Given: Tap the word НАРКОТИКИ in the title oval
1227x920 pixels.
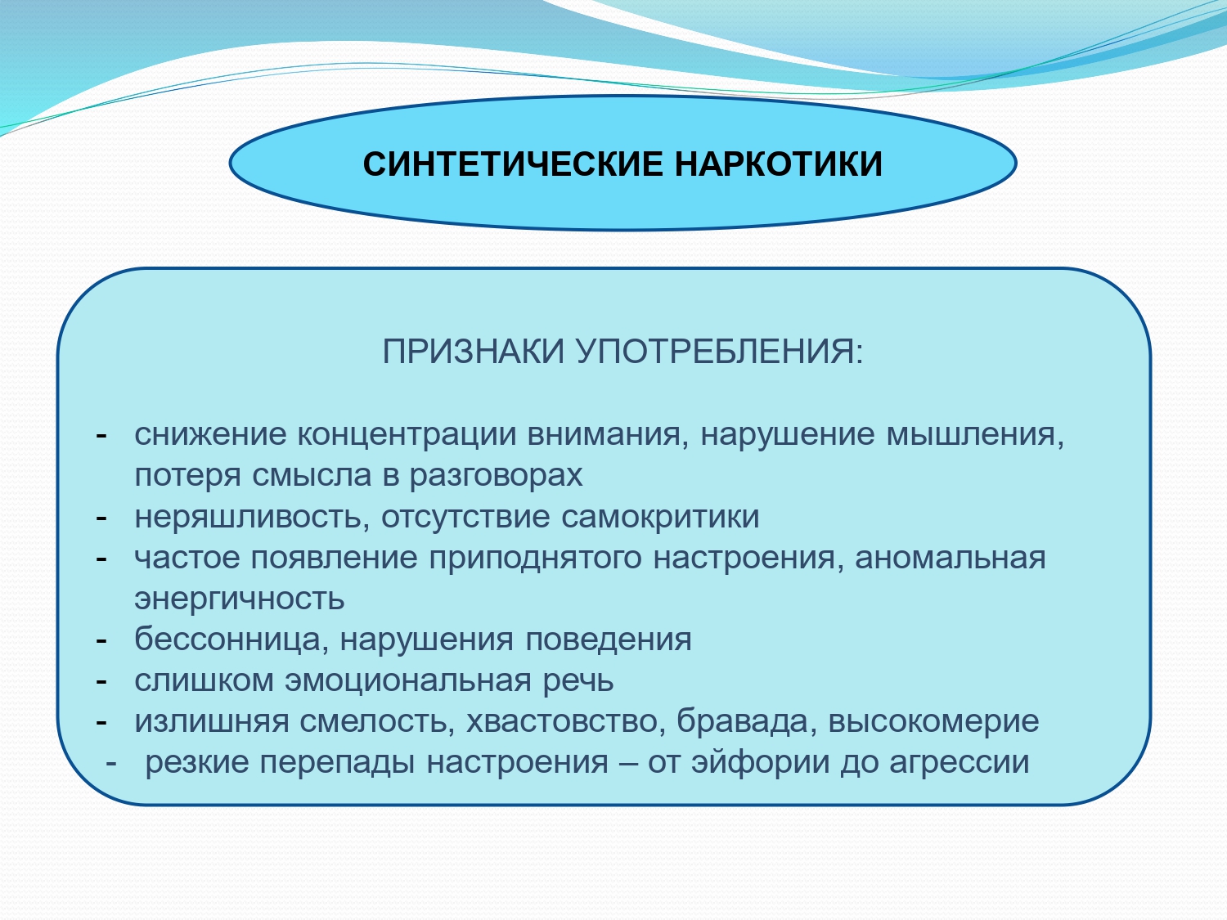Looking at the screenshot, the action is (779, 164).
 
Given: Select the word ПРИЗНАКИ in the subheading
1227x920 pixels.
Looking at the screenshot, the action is (474, 352).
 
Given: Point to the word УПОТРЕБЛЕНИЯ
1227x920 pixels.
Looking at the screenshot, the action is (720, 352).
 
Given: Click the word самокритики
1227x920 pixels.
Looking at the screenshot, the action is (660, 518).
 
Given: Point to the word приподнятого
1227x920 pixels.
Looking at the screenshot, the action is (535, 558).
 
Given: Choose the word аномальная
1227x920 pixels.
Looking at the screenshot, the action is (951, 558).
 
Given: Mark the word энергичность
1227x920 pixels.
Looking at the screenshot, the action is (240, 599).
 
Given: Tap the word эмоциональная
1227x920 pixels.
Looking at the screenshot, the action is (408, 681).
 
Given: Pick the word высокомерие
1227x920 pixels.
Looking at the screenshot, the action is (933, 722).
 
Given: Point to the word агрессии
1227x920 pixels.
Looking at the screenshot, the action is (960, 763).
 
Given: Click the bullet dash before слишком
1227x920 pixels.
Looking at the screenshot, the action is (101, 682).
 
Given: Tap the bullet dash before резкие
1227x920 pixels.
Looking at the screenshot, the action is (111, 764).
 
